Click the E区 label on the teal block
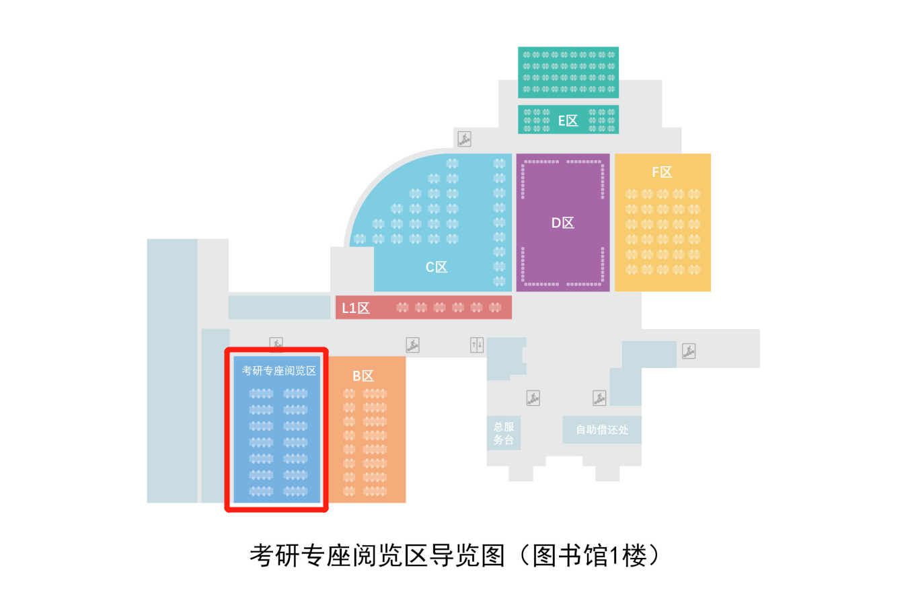click(568, 121)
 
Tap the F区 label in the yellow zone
click(662, 172)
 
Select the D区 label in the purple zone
click(562, 223)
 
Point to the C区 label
click(436, 267)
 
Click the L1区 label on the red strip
click(356, 308)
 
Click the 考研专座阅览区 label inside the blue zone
click(278, 370)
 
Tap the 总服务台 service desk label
click(503, 433)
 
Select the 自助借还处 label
click(601, 429)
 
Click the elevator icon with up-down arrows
click(477, 345)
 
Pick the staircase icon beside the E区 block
click(464, 139)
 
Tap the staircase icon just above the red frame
click(276, 344)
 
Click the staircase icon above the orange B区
click(412, 345)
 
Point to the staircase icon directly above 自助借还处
click(599, 398)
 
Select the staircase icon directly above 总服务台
click(533, 398)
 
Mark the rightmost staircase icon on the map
click(688, 351)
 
